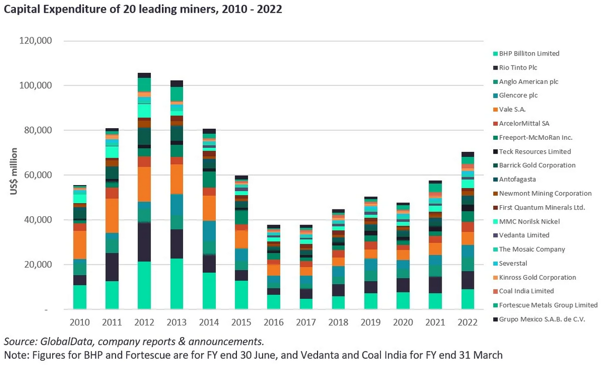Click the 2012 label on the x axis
pos(144,322)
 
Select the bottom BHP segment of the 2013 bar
pos(177,284)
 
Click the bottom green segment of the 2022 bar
pos(467,299)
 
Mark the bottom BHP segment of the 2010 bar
pos(80,297)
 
